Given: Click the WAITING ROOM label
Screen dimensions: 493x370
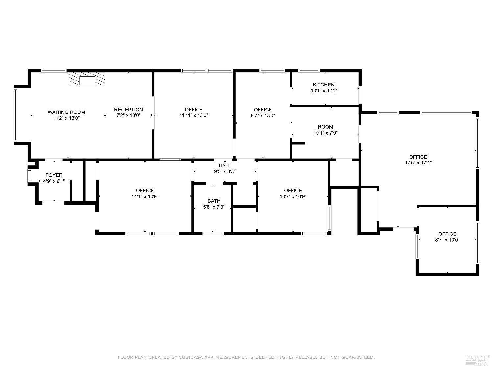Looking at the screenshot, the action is point(66,112).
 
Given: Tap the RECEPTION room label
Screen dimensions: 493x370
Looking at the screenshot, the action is point(129,110).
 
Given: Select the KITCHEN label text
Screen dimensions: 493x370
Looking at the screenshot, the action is point(324,85).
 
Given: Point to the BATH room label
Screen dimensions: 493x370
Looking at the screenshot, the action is point(214,201).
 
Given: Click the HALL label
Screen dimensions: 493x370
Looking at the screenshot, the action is point(224,165).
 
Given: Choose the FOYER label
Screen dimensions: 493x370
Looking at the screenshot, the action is point(54,175).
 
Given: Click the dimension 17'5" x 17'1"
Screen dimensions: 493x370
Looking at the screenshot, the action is point(418,163).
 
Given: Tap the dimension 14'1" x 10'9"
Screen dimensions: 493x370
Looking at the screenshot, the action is point(145,197).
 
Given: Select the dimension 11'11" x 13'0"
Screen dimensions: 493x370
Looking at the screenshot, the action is point(194,115).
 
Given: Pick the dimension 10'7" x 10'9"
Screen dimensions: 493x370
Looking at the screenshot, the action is point(293,197).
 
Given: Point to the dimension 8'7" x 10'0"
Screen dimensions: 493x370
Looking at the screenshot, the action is point(447,240).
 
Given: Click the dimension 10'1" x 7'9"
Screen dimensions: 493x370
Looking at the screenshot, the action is point(325,133).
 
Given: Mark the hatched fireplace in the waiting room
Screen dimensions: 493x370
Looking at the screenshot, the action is point(87,79).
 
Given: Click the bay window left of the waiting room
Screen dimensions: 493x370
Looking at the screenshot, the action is point(15,115).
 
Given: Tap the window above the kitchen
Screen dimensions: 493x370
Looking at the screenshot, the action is point(309,70).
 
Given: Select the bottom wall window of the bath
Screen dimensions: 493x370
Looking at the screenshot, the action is point(213,234).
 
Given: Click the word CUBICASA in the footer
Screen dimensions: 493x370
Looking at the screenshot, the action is point(190,357).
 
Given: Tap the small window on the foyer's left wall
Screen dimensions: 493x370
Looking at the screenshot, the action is point(29,176).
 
